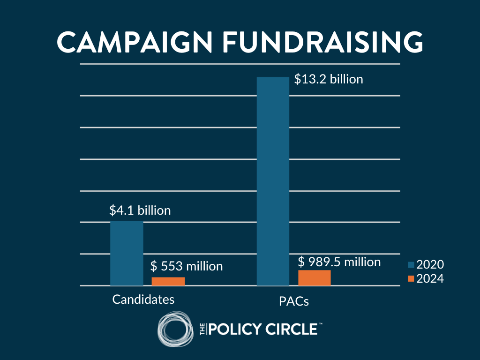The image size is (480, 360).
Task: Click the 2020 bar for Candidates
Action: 127,253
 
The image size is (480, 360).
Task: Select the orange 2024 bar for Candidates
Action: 168,281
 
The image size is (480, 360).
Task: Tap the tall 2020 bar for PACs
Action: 273,181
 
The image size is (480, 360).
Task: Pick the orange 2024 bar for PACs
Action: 314,277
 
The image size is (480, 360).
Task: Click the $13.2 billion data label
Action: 328,79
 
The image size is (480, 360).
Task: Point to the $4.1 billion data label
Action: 140,210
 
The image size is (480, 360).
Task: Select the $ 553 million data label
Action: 187,266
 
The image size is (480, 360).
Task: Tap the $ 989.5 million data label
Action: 339,262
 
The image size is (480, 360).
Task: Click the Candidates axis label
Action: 143,299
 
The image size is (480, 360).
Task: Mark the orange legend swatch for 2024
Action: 411,278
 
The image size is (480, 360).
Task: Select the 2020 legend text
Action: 430,265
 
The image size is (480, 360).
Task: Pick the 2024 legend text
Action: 430,278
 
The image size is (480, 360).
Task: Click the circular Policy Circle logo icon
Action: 175,330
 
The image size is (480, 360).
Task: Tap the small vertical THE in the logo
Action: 202,329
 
